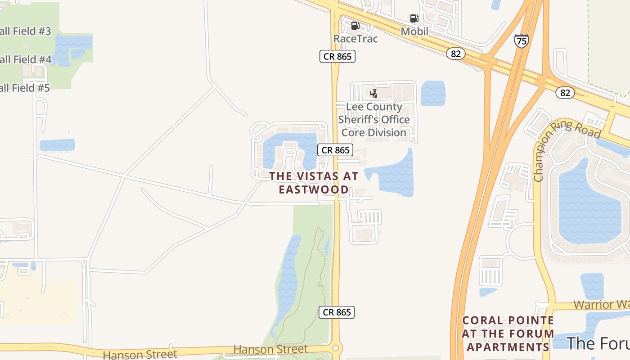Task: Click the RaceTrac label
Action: pyautogui.click(x=355, y=39)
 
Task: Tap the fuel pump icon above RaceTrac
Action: pyautogui.click(x=355, y=26)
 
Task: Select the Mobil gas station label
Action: pyautogui.click(x=414, y=31)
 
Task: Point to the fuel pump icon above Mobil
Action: pyautogui.click(x=414, y=18)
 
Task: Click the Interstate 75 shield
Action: pyautogui.click(x=521, y=41)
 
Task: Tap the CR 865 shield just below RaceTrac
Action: pyautogui.click(x=337, y=56)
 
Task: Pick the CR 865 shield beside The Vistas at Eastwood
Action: pyautogui.click(x=335, y=150)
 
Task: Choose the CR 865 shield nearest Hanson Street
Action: pyautogui.click(x=337, y=312)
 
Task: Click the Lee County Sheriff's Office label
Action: pyautogui.click(x=374, y=120)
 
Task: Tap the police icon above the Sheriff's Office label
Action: pyautogui.click(x=373, y=94)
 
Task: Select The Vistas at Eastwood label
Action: pyautogui.click(x=314, y=182)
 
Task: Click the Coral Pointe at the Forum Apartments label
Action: pyautogui.click(x=508, y=333)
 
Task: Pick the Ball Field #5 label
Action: pyautogui.click(x=25, y=88)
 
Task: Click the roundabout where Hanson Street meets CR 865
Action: pyautogui.click(x=336, y=348)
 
